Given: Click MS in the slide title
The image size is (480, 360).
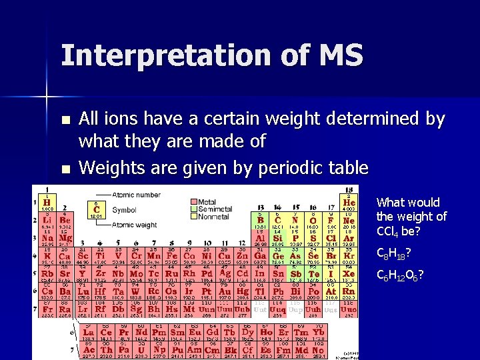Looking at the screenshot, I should point(337,55).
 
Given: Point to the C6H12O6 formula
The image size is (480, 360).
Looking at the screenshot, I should point(401,275).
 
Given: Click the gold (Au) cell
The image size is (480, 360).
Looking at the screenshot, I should point(225,291).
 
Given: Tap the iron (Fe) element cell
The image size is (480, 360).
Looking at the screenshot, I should point(171,255).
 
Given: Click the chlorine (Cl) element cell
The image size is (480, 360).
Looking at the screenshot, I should point(331,237).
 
